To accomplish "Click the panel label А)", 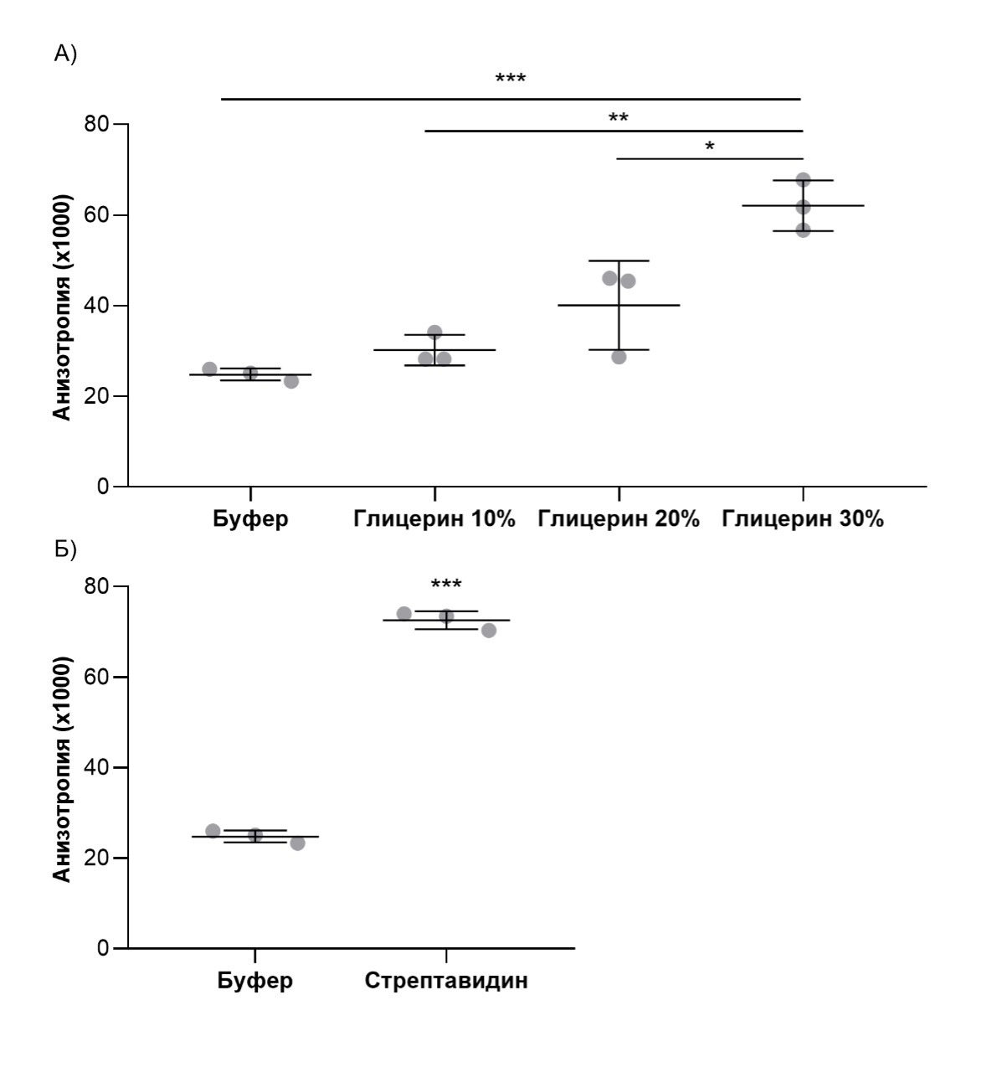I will click(65, 54).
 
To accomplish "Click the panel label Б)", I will click(65, 549).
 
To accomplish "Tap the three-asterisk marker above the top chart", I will click(511, 80).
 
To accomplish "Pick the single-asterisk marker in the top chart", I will click(710, 147).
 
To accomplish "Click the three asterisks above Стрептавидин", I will click(446, 585).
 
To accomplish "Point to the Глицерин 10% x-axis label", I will click(434, 519).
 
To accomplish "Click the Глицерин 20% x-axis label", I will click(618, 519).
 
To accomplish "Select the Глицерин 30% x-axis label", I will click(803, 519).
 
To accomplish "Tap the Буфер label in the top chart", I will click(250, 519).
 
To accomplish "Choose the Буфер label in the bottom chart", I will click(255, 981).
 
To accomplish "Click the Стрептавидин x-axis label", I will click(446, 981).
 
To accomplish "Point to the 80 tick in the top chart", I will click(97, 125).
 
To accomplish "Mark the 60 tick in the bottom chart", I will click(97, 677).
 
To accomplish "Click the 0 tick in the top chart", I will click(103, 487).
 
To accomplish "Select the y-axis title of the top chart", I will click(63, 306).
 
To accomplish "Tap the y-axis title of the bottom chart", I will click(63, 768).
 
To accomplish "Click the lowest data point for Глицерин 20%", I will click(619, 357).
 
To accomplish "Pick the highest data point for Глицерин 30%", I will click(803, 180).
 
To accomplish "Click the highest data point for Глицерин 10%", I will click(434, 332).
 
